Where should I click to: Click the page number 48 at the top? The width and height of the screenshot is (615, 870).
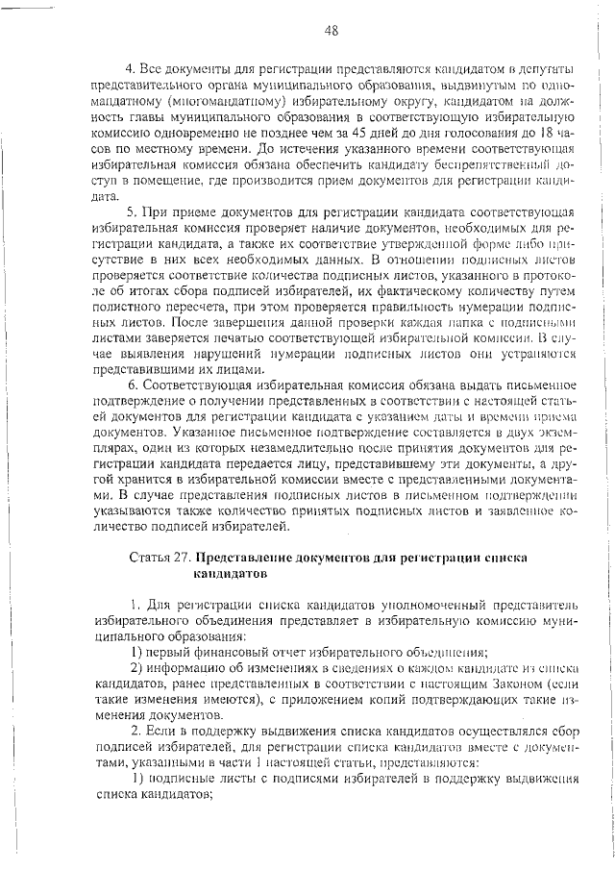(x=332, y=31)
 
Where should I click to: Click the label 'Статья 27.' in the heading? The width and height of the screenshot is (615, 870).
(x=158, y=558)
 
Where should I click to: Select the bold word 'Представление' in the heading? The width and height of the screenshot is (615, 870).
(x=244, y=558)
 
